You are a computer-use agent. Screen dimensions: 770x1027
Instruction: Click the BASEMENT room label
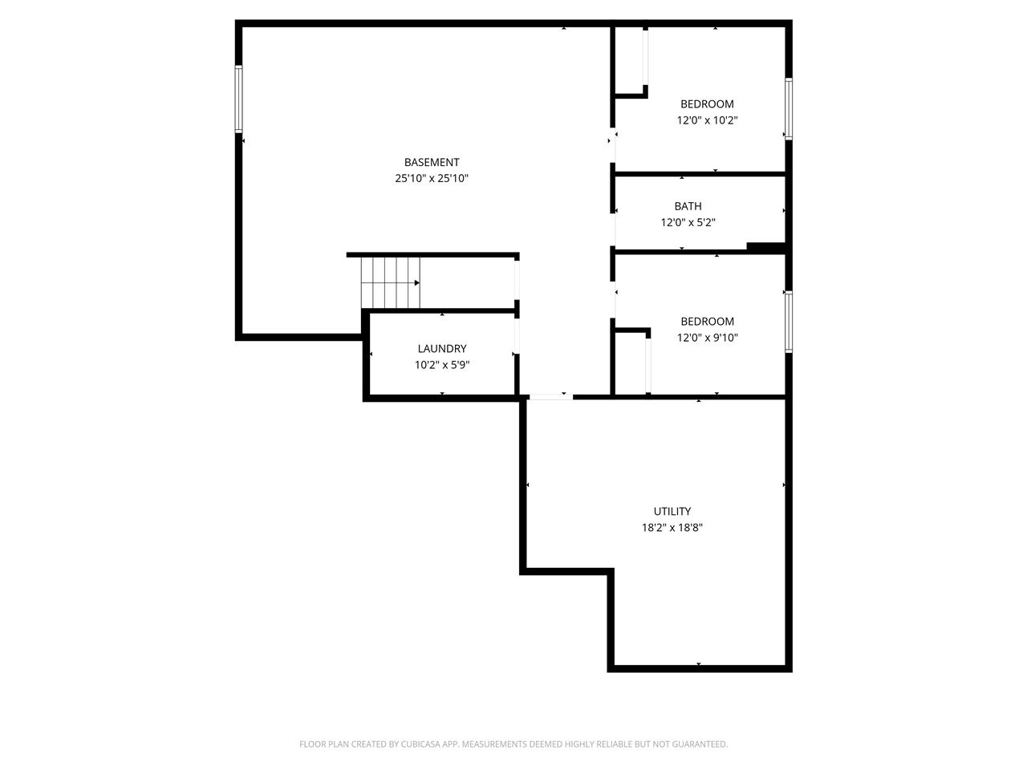432,162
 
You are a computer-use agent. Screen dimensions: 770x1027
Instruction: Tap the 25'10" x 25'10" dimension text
432,179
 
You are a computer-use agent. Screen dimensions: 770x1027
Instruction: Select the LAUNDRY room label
441,349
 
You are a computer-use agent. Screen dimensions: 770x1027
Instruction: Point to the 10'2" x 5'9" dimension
441,365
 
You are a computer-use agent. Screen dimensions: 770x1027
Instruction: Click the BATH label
688,206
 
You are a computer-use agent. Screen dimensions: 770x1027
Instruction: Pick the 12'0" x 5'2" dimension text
688,222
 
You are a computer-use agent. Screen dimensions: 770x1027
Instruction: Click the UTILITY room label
672,512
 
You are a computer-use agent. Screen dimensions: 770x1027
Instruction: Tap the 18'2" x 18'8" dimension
672,528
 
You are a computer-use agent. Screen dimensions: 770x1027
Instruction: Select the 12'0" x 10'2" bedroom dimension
707,120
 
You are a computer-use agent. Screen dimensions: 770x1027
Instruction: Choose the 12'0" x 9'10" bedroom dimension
707,338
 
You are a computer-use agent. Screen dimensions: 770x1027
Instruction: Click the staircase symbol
391,282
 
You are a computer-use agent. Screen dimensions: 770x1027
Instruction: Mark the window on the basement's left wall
238,99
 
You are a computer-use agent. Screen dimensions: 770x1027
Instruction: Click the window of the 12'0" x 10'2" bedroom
789,109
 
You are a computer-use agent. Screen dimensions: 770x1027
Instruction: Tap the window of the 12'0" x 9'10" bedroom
789,322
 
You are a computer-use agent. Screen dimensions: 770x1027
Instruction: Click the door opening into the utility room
550,396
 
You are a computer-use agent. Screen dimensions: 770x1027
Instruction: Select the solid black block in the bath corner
765,247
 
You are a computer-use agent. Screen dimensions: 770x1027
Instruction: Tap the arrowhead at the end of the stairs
417,283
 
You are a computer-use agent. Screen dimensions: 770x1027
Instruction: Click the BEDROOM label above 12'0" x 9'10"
707,322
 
